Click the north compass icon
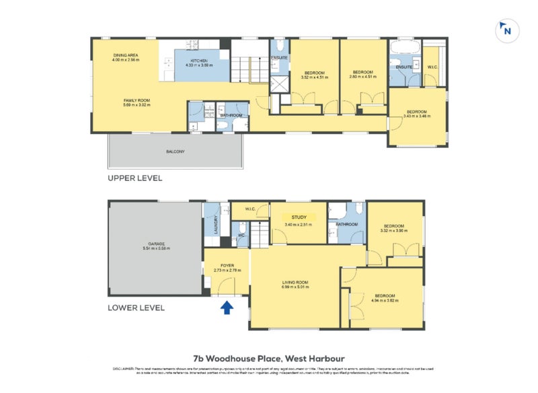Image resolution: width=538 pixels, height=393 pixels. coord(506,30)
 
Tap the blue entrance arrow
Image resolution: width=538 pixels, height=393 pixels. coord(227,308)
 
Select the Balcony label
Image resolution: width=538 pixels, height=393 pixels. coord(175,151)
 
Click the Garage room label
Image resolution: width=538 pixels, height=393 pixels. coord(156,244)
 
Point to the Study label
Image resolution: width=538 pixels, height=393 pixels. coord(299,217)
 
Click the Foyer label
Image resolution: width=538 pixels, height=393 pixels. coord(227,265)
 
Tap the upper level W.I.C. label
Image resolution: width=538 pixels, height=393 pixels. coord(432,67)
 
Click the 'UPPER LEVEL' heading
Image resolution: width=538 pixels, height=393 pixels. coord(135,179)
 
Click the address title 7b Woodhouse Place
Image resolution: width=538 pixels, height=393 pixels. coord(269,359)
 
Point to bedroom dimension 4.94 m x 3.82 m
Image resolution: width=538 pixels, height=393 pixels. coord(385,301)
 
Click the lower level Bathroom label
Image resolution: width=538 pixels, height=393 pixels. coord(346,224)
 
